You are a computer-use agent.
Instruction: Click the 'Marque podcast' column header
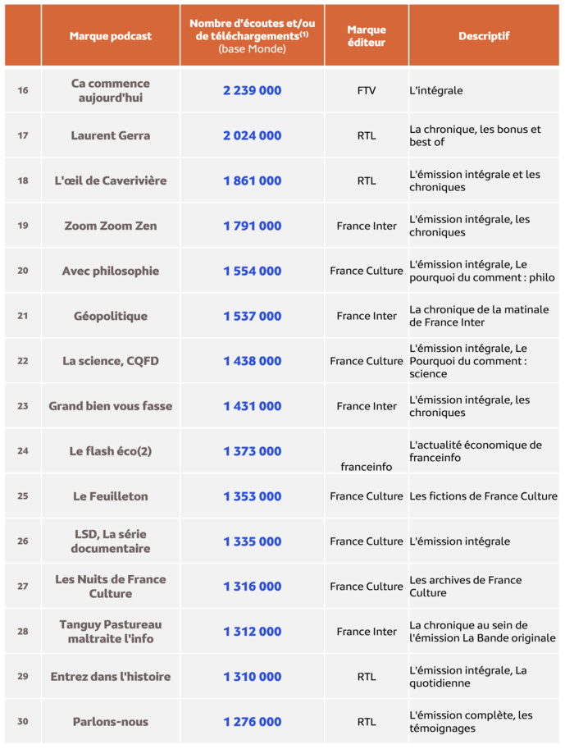111,36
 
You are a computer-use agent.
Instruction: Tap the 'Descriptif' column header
484,36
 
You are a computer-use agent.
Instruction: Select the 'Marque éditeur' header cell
367,36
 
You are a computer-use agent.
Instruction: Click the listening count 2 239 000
252,90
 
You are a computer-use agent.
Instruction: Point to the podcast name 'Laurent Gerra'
111,135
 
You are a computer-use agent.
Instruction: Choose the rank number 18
23,180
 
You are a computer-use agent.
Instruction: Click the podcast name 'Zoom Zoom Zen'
111,226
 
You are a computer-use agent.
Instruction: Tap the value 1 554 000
252,271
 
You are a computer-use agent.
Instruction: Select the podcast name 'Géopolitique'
111,316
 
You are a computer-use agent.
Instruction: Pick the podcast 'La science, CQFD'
111,361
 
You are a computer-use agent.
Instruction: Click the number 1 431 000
252,406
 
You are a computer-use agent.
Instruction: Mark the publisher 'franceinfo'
367,466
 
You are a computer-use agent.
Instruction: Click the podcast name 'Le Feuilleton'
111,496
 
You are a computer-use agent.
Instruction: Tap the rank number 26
23,541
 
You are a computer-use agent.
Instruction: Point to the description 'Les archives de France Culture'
465,586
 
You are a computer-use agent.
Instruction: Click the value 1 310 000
252,677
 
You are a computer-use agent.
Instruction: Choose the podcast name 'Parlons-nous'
111,722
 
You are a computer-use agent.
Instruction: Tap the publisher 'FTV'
367,90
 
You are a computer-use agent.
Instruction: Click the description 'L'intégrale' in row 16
435,90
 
